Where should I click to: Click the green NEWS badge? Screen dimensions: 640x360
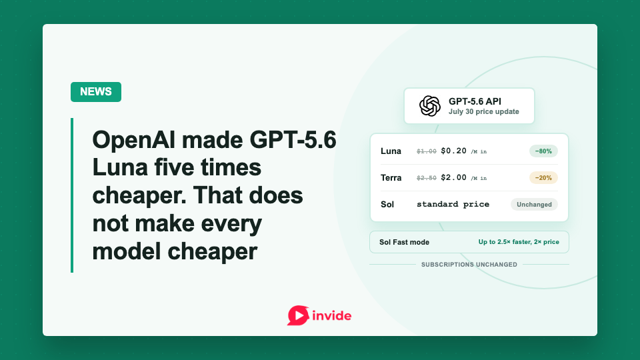(96, 92)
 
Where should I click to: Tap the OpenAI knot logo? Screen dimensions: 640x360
(430, 106)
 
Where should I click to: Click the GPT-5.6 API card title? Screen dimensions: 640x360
(475, 101)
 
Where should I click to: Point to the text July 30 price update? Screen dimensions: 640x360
(484, 111)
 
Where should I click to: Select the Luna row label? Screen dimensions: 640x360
(391, 151)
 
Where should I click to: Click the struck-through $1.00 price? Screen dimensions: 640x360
(427, 151)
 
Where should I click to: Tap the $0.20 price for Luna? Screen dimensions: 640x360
(453, 151)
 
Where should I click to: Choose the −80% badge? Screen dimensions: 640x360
(543, 151)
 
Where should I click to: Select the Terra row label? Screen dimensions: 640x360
(391, 177)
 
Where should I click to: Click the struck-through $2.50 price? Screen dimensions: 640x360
(427, 178)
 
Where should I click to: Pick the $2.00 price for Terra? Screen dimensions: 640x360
(453, 177)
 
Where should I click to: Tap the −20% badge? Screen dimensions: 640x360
(543, 177)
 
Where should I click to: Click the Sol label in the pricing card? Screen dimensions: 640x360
(387, 204)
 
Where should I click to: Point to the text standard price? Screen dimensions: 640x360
(453, 204)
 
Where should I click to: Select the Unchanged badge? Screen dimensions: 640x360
(534, 205)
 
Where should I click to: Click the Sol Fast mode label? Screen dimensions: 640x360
(404, 242)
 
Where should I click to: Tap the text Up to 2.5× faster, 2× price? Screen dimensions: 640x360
(519, 241)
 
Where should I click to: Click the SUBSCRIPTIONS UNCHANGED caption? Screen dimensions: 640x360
(469, 265)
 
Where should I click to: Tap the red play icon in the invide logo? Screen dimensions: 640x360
(298, 315)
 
